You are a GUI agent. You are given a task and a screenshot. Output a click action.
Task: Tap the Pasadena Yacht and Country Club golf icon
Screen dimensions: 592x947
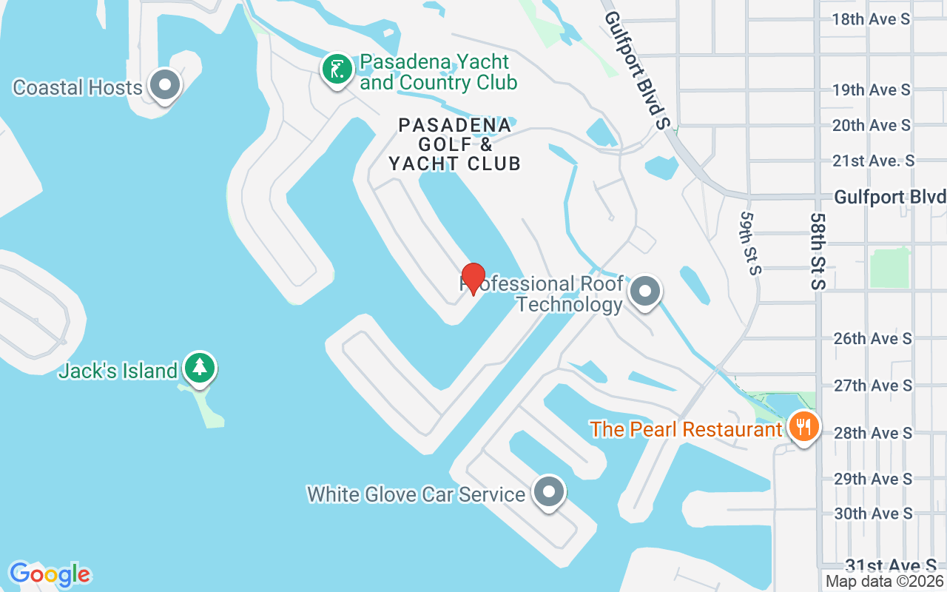point(337,70)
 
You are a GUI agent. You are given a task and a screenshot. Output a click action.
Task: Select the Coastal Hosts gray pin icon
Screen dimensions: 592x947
point(165,86)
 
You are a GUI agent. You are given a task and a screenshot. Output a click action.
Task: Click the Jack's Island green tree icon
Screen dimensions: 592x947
point(199,368)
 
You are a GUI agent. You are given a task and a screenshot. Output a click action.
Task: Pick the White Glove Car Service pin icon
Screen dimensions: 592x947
point(549,492)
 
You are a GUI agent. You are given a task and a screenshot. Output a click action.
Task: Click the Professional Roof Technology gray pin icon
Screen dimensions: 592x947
point(645,292)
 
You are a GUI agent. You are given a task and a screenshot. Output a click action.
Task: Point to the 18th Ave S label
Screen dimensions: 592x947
point(871,19)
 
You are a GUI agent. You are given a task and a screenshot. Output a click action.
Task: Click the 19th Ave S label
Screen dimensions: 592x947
point(871,90)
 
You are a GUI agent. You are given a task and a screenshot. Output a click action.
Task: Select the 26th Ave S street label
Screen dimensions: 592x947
point(873,339)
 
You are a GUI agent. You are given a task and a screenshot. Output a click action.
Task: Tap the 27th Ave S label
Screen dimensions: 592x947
point(873,386)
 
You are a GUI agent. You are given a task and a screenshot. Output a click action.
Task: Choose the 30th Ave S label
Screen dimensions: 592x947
point(873,514)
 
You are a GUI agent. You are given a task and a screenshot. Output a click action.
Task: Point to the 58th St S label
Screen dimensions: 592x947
point(817,252)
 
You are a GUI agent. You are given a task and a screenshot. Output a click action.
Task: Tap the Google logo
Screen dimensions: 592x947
point(50,574)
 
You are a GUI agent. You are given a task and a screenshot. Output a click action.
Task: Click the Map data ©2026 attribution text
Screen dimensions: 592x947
point(885,582)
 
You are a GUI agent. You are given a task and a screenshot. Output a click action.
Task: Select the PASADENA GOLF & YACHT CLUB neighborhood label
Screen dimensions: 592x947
point(455,144)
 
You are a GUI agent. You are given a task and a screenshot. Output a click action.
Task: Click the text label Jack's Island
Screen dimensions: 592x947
point(118,371)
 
